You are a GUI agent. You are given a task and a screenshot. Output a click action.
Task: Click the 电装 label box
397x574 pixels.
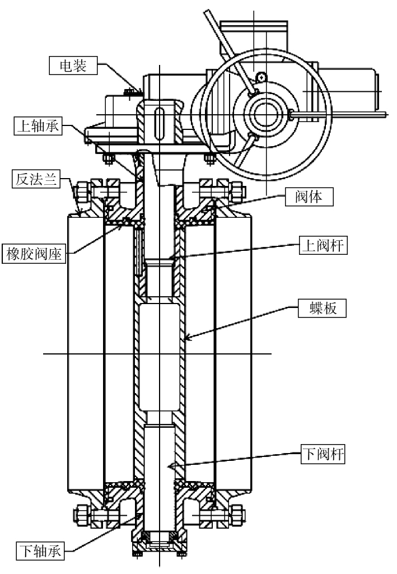(x=73, y=66)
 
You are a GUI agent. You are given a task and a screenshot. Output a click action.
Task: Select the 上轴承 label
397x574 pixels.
(x=38, y=125)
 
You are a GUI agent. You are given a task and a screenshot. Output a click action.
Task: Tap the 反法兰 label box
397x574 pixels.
(x=36, y=179)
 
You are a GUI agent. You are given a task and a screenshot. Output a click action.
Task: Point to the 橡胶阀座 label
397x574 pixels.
(x=34, y=253)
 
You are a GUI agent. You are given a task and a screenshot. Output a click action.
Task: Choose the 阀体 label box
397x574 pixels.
(x=309, y=197)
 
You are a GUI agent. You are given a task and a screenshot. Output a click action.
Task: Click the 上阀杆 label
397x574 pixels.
(x=323, y=245)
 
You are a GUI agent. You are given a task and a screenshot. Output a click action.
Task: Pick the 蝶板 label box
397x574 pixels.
(x=322, y=308)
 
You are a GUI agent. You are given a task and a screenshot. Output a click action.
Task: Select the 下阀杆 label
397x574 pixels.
(x=323, y=454)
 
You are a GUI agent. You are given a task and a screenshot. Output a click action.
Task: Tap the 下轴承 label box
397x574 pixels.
(x=40, y=550)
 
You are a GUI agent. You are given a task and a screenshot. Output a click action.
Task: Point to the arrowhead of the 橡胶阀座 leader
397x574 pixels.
(x=119, y=227)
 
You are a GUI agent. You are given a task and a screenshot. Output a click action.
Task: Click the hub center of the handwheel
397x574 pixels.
(x=266, y=115)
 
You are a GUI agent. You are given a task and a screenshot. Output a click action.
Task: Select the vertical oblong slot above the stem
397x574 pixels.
(x=159, y=123)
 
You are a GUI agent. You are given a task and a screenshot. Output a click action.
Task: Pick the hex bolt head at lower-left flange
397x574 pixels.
(x=81, y=515)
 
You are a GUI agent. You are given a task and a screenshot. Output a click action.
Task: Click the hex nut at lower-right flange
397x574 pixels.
(x=237, y=515)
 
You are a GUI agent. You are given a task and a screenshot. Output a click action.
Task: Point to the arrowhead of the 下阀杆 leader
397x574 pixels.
(x=171, y=465)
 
